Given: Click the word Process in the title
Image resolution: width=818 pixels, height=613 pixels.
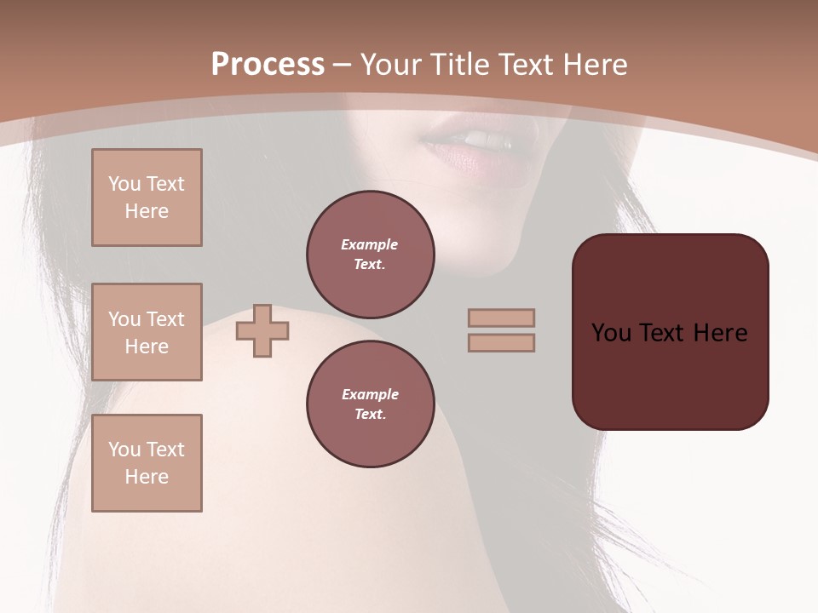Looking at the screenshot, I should pyautogui.click(x=268, y=64).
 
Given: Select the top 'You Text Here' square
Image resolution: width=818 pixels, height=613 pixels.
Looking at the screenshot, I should pyautogui.click(x=147, y=198).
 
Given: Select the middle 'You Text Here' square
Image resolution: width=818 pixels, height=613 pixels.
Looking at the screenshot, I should pyautogui.click(x=147, y=332).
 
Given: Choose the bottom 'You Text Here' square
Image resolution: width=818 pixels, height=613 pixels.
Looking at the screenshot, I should pyautogui.click(x=147, y=463).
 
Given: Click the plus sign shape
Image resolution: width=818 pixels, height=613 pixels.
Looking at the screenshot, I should pyautogui.click(x=262, y=330).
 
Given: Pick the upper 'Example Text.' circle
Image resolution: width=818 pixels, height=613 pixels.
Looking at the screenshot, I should pyautogui.click(x=371, y=255).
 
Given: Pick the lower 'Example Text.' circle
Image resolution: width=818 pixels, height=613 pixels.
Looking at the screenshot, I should pyautogui.click(x=371, y=404).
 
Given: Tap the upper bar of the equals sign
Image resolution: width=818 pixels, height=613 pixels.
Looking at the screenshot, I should pyautogui.click(x=501, y=318).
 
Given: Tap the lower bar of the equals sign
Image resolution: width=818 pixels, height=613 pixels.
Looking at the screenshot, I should pyautogui.click(x=501, y=342).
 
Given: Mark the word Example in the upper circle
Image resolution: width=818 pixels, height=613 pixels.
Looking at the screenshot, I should pyautogui.click(x=370, y=244).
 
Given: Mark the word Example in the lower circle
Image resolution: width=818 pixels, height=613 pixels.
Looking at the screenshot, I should pyautogui.click(x=370, y=394).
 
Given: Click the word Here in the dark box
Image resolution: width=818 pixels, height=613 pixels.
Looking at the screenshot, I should pyautogui.click(x=720, y=332).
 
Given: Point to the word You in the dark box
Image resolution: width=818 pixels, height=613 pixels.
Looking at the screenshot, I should pyautogui.click(x=611, y=332).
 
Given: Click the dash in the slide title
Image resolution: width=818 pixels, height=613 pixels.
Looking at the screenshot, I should pyautogui.click(x=342, y=65).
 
